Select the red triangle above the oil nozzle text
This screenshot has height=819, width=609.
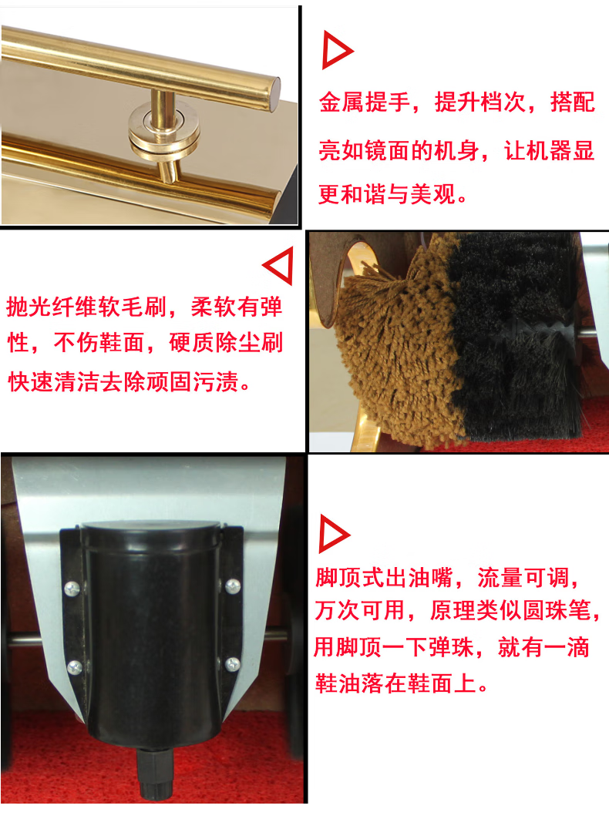(x=331, y=534)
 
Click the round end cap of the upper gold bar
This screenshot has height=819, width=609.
(x=274, y=94)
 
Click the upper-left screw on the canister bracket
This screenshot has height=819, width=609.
(x=72, y=588)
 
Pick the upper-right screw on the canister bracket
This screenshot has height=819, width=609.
(x=233, y=586)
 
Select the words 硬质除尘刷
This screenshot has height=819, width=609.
(x=226, y=343)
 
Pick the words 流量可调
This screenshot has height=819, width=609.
(x=523, y=578)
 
